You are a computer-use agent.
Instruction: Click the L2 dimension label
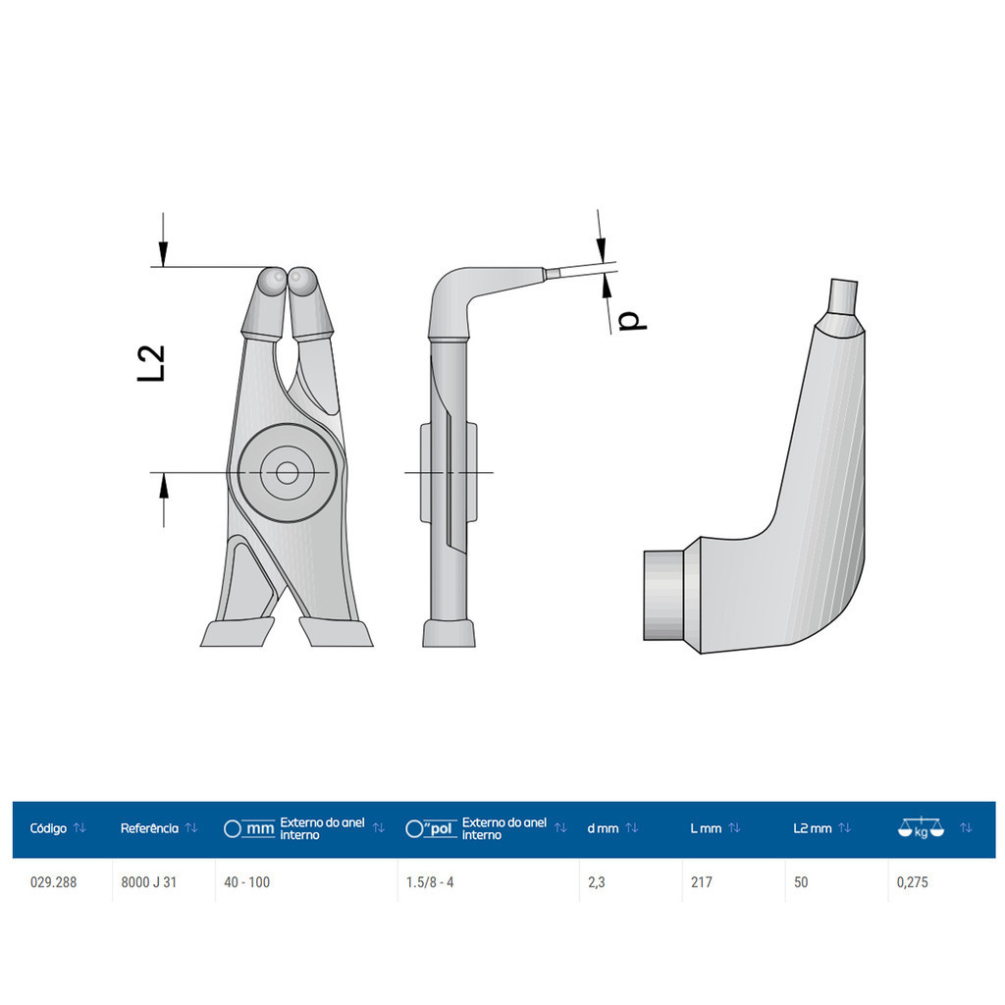point(151,363)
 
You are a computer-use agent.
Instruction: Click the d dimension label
point(633,321)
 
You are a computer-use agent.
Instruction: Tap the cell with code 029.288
point(53,882)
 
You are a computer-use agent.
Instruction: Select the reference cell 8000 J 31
point(149,882)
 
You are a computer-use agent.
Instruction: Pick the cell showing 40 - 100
point(246,882)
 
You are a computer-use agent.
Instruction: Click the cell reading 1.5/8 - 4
point(430,882)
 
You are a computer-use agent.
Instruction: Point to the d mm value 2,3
point(596,882)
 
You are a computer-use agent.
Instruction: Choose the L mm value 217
point(701,882)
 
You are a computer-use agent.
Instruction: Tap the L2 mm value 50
point(801,882)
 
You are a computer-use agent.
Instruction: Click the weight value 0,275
point(912,882)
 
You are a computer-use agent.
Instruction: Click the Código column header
point(48,828)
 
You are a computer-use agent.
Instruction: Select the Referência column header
point(149,828)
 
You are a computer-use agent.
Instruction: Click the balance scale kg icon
point(921,828)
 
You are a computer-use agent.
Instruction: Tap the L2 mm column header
point(812,828)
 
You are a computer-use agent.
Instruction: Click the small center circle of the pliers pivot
point(288,474)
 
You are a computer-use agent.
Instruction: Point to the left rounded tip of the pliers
point(273,282)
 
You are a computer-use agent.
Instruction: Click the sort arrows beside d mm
point(632,828)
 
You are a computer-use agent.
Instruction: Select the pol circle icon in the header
point(414,828)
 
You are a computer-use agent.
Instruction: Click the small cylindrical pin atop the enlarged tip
point(843,295)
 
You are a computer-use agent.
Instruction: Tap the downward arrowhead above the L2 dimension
point(164,251)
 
